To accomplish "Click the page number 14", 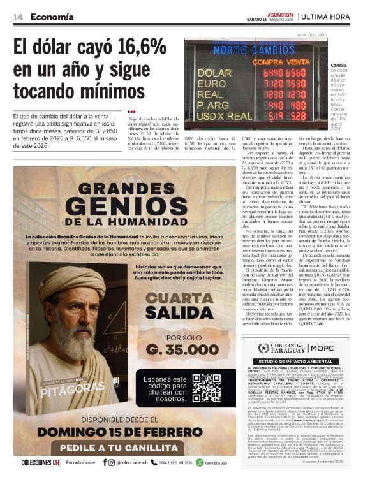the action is tap(18, 17).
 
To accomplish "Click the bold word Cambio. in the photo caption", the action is tap(339, 66).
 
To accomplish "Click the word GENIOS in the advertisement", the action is tap(127, 207).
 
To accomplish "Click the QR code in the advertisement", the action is tap(206, 388).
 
